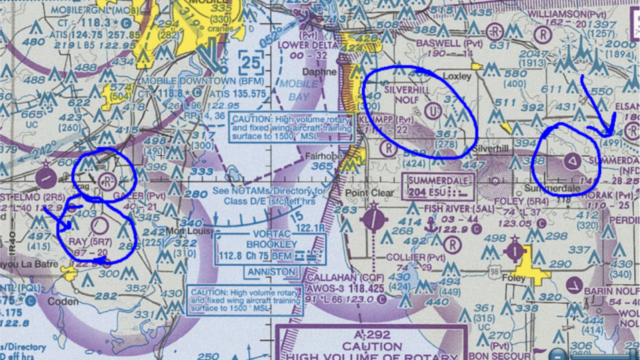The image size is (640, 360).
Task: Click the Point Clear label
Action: (x=369, y=193)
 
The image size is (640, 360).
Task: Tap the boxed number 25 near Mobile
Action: (x=251, y=62)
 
